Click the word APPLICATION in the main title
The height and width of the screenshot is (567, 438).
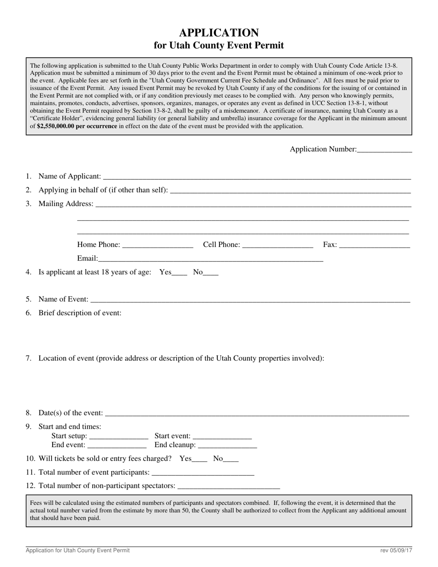(x=219, y=33)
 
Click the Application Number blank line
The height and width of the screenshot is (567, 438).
(x=384, y=150)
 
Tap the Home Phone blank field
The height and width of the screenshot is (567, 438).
(x=158, y=245)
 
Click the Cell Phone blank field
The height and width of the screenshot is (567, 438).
(x=277, y=245)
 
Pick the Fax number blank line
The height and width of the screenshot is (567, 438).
(x=374, y=245)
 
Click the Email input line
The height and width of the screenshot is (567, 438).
(x=210, y=259)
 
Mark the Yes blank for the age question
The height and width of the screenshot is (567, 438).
(x=179, y=273)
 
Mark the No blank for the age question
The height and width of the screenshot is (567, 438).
(x=211, y=273)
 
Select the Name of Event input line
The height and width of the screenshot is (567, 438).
(x=250, y=300)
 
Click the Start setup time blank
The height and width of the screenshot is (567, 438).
(x=118, y=437)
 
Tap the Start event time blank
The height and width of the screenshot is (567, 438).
(x=222, y=437)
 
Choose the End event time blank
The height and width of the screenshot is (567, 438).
(x=117, y=446)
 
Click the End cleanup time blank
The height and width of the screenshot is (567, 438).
(x=227, y=446)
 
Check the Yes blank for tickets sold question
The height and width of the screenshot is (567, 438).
(x=200, y=459)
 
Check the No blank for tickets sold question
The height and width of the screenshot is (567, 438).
(x=231, y=459)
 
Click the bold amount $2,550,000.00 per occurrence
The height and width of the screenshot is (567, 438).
(x=77, y=126)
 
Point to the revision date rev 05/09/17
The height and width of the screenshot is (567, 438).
(x=396, y=550)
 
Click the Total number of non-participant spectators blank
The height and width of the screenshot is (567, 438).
(x=228, y=486)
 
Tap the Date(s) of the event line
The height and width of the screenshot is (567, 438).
(x=257, y=413)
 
